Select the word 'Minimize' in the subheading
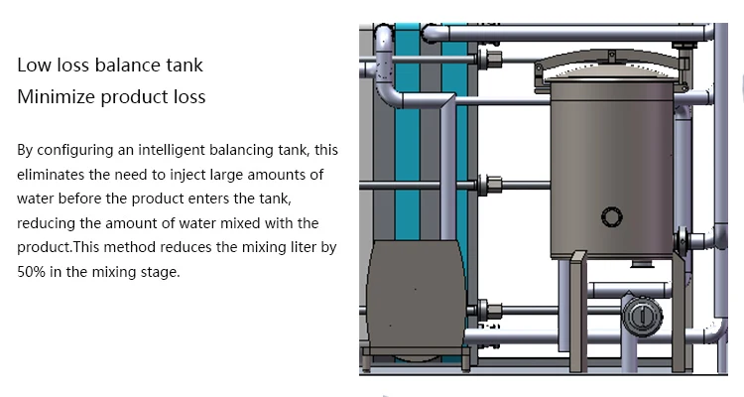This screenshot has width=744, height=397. [52, 97]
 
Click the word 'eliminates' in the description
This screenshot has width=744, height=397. [51, 175]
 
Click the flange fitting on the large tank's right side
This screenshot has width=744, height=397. [682, 241]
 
